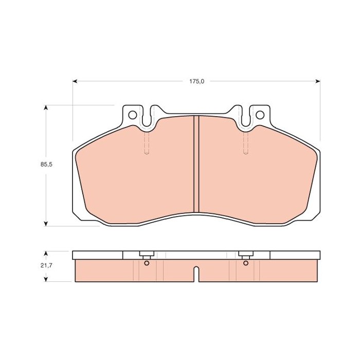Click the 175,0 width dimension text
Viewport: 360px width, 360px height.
196,81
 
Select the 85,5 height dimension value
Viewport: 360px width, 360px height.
46,165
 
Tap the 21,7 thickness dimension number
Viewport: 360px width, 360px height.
46,265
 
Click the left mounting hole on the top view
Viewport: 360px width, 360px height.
133,115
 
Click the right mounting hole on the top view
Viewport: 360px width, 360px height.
260,115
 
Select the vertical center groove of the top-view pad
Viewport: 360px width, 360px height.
196,164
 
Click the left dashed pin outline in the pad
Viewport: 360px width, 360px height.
147,143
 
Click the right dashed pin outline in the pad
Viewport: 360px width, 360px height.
246,143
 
